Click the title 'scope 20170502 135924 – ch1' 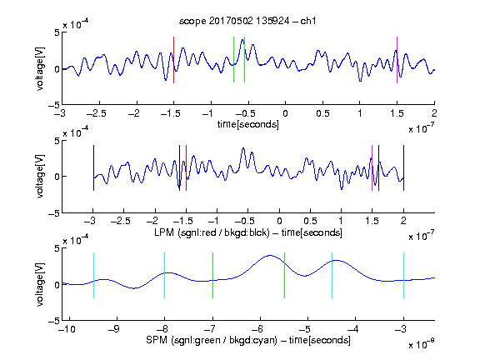[x=247, y=21]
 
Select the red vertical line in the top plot [x=173, y=60]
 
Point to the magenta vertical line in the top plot [x=397, y=60]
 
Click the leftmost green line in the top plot [x=233, y=60]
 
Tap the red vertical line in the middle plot [x=186, y=168]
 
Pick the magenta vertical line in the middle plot [x=372, y=168]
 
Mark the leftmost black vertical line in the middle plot [x=93, y=168]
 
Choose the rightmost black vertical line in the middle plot [x=403, y=168]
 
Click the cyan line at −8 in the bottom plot [x=164, y=275]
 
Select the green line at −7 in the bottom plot [x=212, y=275]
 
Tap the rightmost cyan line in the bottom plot [x=403, y=275]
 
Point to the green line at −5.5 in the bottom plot [x=284, y=275]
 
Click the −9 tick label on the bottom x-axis [x=114, y=329]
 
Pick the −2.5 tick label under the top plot [x=96, y=113]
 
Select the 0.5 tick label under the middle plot [x=310, y=221]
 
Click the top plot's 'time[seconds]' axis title [x=248, y=124]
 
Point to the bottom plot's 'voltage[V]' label [x=40, y=284]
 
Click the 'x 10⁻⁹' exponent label [x=421, y=344]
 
